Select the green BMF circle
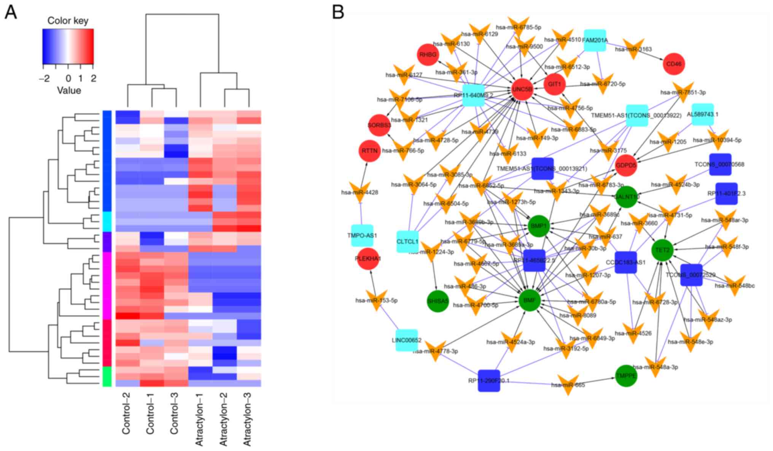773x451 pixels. [530, 300]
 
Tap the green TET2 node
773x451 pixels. [662, 250]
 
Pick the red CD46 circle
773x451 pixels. [674, 64]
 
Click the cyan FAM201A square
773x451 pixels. [595, 40]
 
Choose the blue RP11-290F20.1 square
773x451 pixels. [489, 380]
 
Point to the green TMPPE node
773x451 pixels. [626, 376]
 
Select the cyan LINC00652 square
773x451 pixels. [407, 340]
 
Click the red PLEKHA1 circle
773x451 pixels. [368, 259]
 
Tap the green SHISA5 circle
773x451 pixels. [438, 301]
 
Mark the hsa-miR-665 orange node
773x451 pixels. [568, 385]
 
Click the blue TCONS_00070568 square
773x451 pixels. [720, 164]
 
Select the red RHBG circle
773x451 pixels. [428, 55]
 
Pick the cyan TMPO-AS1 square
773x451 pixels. [362, 235]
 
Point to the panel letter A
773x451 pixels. [11, 13]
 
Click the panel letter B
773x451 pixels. [338, 12]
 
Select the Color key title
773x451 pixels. [68, 21]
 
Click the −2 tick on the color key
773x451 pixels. [44, 78]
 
